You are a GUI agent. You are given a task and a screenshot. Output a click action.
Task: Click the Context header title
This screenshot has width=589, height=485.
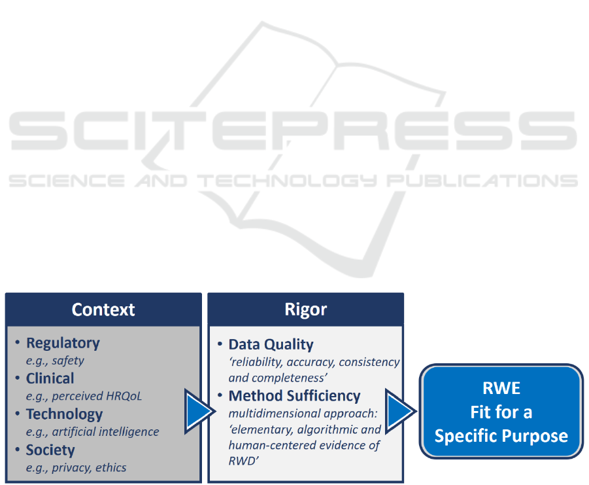tap(103, 310)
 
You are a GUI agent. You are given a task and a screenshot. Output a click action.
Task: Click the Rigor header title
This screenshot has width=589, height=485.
tap(306, 310)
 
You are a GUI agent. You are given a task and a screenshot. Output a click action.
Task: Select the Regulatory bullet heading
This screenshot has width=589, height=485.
tap(63, 343)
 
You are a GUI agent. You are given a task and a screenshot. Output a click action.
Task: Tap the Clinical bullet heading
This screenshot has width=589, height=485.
tap(50, 378)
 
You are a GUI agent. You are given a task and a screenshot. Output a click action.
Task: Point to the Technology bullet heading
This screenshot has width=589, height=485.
tap(64, 414)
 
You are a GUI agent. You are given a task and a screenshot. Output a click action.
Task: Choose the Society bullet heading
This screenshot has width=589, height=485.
tap(50, 450)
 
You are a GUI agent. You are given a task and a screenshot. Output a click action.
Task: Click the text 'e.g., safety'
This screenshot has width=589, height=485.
tap(55, 361)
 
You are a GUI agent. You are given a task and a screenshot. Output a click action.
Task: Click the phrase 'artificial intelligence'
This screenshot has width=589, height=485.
tap(105, 431)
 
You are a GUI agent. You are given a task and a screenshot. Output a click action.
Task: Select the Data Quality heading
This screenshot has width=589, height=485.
tap(271, 345)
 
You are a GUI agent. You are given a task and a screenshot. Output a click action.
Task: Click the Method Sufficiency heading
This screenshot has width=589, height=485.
tap(294, 396)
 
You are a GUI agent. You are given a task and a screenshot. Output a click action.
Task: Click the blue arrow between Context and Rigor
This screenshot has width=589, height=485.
tap(199, 411)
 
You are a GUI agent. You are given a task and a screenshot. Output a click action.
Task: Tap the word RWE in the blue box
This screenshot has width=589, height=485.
tap(501, 388)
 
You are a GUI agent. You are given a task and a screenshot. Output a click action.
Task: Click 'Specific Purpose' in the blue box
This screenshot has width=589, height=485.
tap(501, 436)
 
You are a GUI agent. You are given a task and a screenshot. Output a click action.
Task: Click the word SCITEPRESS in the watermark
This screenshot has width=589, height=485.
tap(294, 131)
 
